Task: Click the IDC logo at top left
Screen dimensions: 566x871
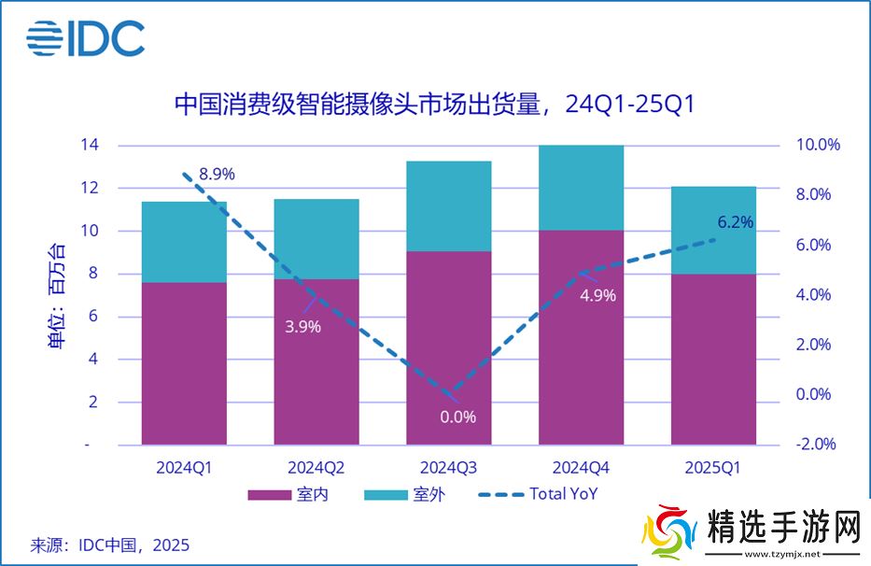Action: pyautogui.click(x=85, y=38)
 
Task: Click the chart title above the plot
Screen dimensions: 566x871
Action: pyautogui.click(x=435, y=104)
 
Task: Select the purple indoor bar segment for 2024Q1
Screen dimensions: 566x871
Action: pyautogui.click(x=184, y=362)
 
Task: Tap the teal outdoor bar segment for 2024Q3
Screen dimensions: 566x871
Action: pyautogui.click(x=448, y=205)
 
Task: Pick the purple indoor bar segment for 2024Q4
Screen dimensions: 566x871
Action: pyautogui.click(x=581, y=336)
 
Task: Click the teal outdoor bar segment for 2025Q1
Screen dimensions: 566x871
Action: pyautogui.click(x=713, y=230)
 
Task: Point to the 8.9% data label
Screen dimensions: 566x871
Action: pyautogui.click(x=216, y=174)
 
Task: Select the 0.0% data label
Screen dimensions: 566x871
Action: pyautogui.click(x=457, y=417)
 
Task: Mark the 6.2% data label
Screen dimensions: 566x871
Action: pyautogui.click(x=735, y=222)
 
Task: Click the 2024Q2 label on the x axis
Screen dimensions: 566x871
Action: pyautogui.click(x=316, y=467)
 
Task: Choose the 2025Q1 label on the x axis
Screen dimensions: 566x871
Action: pyautogui.click(x=713, y=467)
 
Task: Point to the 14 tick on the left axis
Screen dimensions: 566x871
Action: pyautogui.click(x=90, y=145)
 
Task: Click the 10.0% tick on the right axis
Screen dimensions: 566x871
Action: pyautogui.click(x=818, y=145)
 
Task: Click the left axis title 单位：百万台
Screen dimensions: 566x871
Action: pyautogui.click(x=58, y=295)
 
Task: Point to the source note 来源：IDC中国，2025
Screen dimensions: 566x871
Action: pyautogui.click(x=109, y=545)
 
